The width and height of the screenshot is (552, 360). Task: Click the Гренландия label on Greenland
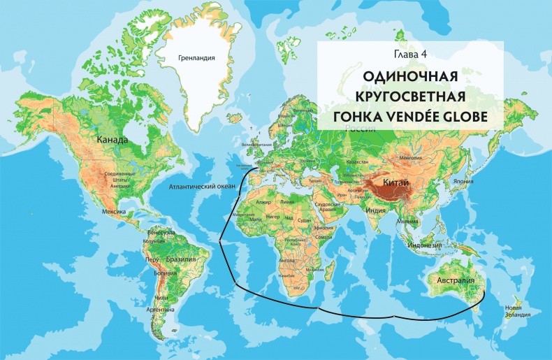tap(196, 59)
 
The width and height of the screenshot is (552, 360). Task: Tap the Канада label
tap(113, 140)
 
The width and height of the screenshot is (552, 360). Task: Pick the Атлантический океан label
tap(203, 187)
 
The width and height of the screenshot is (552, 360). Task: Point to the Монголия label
tap(410, 157)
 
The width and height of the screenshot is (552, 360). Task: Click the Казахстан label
tap(356, 161)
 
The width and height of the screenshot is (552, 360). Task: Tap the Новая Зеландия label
tap(514, 310)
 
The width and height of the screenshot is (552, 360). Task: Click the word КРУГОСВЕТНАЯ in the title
tap(411, 95)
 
